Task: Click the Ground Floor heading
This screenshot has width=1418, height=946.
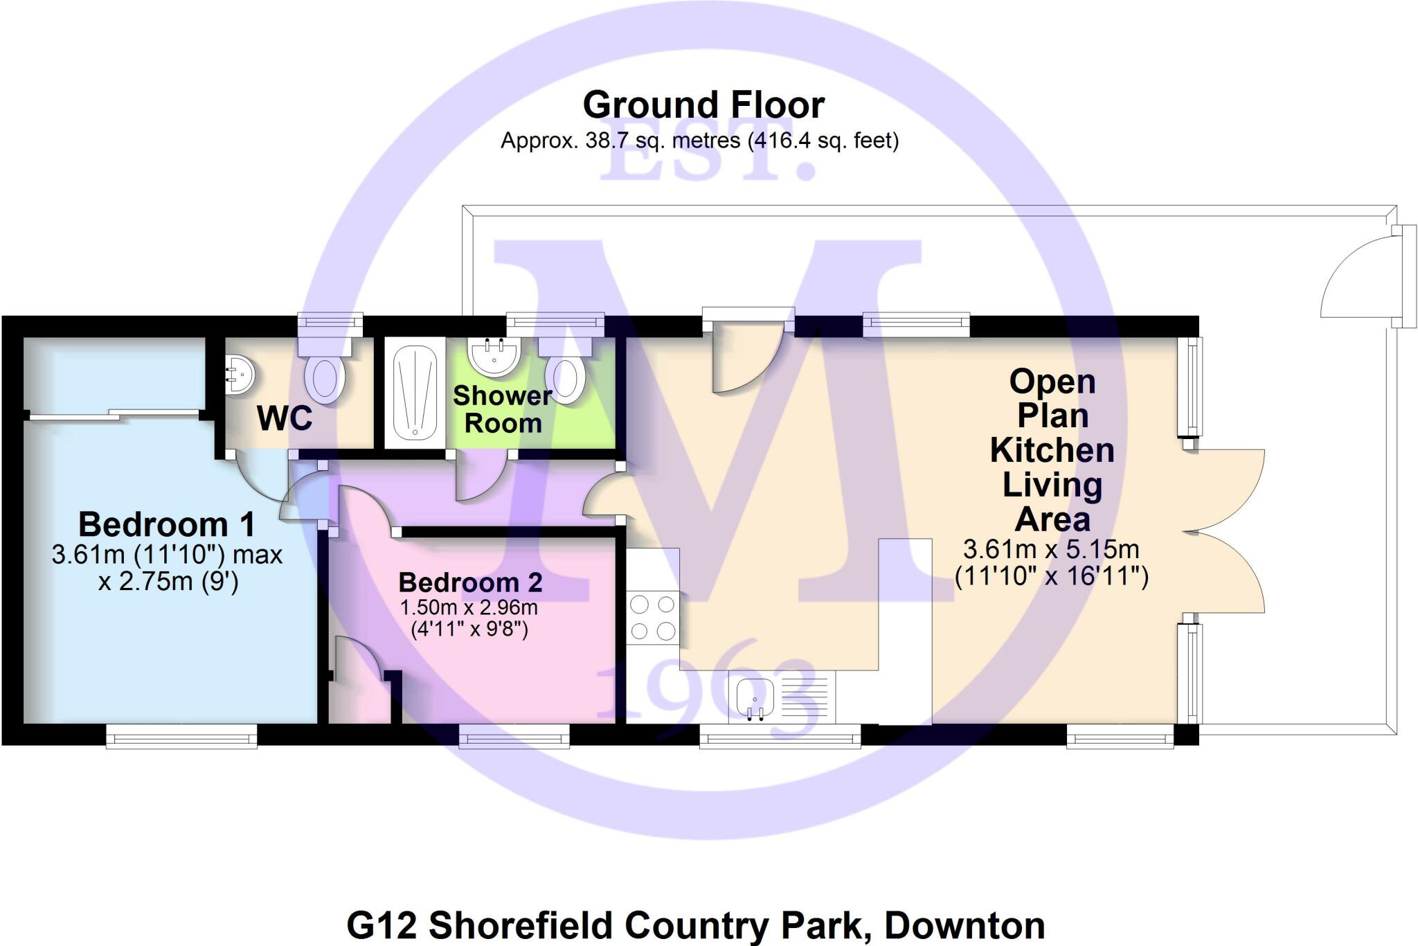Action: click(703, 105)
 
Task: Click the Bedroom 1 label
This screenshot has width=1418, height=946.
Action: click(166, 524)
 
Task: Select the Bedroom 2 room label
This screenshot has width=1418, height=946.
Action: click(470, 582)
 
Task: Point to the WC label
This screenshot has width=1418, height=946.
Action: click(285, 418)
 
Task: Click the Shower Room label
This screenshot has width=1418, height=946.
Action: click(503, 409)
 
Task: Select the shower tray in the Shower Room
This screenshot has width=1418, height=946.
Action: click(415, 391)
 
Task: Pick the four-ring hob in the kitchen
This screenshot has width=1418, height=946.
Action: click(652, 617)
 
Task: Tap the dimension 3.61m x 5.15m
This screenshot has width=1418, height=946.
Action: click(1051, 550)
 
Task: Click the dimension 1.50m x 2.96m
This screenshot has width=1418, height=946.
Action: click(469, 608)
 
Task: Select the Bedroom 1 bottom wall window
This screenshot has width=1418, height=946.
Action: click(181, 736)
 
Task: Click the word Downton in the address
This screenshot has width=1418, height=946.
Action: click(964, 925)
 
